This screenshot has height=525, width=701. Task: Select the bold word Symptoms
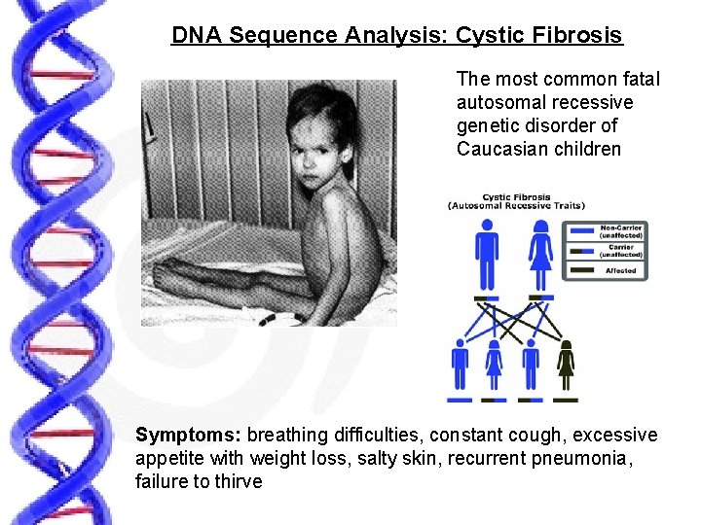click(189, 435)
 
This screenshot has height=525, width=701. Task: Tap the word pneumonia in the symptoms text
click(582, 458)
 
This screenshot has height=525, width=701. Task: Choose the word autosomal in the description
click(498, 102)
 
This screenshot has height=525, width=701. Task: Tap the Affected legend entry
click(620, 270)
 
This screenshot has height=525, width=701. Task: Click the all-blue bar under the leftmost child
click(460, 399)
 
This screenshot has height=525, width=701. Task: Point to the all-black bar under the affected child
click(565, 399)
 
